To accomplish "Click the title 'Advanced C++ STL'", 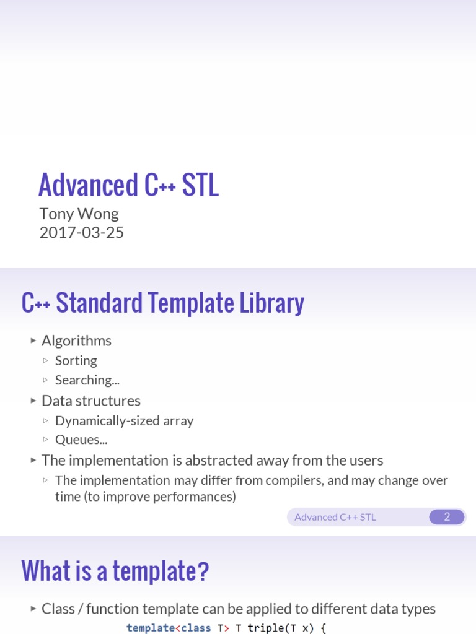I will point(128,185).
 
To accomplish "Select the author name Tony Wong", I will point(79,214).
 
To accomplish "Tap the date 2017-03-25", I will point(81,233).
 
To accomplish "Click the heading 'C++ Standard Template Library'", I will point(162,303).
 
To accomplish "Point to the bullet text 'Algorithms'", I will point(76,341).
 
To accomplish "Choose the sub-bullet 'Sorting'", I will point(76,360).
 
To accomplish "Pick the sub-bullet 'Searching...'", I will point(87,380).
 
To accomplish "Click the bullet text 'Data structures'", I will point(90,401).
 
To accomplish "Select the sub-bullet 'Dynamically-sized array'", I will point(124,420).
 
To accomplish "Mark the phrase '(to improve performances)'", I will point(160,497).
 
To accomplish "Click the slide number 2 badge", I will point(447,517).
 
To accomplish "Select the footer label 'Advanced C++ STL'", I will point(335,517).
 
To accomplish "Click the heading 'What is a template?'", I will point(115,570).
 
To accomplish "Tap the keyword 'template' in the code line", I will point(151,628).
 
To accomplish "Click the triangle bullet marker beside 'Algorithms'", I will point(33,341).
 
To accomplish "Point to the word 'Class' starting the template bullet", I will point(56,609).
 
